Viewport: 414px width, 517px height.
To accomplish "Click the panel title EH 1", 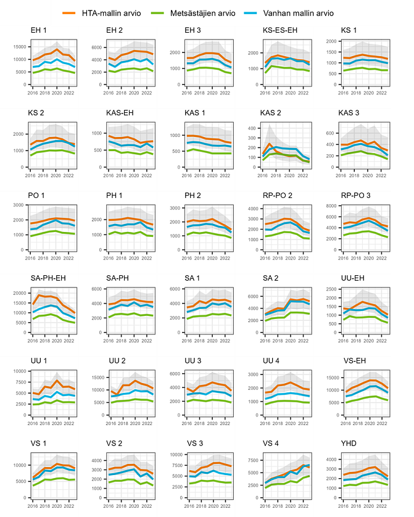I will tap(39, 30).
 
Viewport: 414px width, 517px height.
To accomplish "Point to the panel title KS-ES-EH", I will tap(280, 30).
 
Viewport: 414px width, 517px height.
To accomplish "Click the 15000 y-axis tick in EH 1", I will tap(20, 47).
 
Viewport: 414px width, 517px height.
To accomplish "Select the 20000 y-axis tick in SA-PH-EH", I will tap(20, 292).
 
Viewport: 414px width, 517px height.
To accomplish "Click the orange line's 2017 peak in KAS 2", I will tap(270, 144).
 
